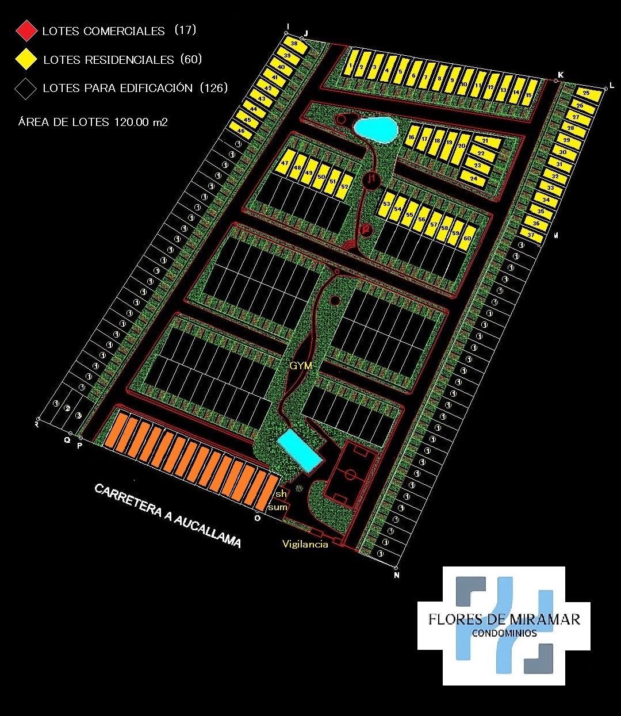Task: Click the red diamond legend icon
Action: tap(26, 31)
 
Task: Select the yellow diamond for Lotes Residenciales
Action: tap(26, 59)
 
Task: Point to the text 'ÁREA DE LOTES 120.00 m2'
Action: tap(93, 122)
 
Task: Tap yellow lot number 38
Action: tap(294, 44)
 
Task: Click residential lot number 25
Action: tap(586, 93)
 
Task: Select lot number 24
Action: tap(473, 179)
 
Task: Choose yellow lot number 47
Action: tap(285, 164)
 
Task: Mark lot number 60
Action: tap(467, 238)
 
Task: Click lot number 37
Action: tap(531, 235)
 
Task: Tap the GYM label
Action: tap(301, 365)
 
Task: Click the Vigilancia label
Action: tap(305, 544)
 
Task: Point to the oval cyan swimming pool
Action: tap(375, 129)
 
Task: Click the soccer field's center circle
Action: tap(351, 475)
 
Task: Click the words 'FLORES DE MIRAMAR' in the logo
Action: tap(504, 619)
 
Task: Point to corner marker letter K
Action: tap(561, 75)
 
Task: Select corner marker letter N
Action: tap(396, 575)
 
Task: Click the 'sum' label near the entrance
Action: tap(278, 507)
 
